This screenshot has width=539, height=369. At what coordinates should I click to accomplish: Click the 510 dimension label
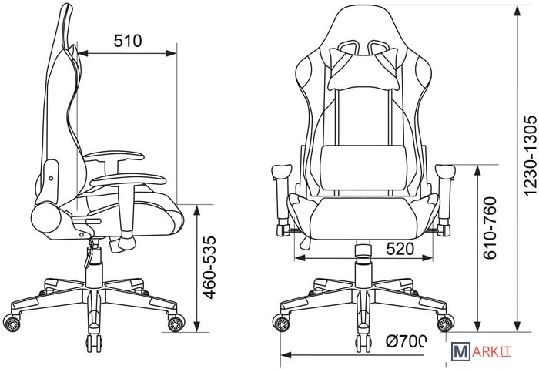click(x=128, y=41)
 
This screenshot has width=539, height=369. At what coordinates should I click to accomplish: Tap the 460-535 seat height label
click(x=209, y=267)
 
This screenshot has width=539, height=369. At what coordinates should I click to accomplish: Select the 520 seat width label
click(x=400, y=249)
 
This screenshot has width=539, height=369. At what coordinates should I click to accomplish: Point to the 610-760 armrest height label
click(x=490, y=228)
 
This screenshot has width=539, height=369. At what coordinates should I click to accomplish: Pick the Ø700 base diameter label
click(x=406, y=341)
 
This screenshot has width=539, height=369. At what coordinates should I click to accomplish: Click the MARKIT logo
click(x=481, y=352)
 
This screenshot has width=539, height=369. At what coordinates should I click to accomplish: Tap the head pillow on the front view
click(x=364, y=69)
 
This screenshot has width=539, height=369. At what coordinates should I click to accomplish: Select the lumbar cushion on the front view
click(x=363, y=167)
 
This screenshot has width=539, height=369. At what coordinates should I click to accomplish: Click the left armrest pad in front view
click(x=282, y=172)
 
